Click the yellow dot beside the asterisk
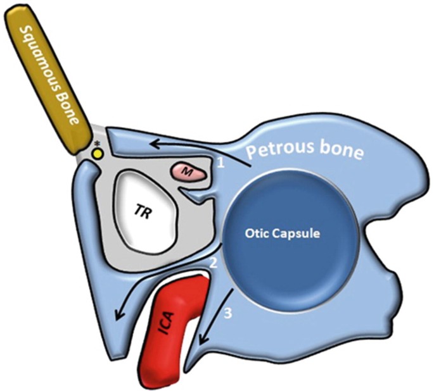(x=97, y=152)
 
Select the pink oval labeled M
(x=188, y=171)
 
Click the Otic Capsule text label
(x=282, y=232)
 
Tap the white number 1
(x=220, y=163)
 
